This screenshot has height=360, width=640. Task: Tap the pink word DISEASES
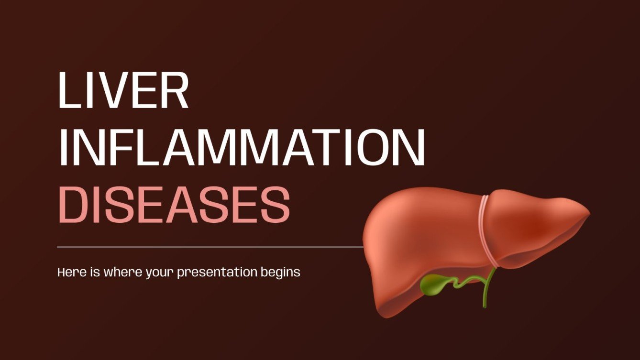tap(174, 206)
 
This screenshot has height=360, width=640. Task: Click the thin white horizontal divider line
tap(210, 247)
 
